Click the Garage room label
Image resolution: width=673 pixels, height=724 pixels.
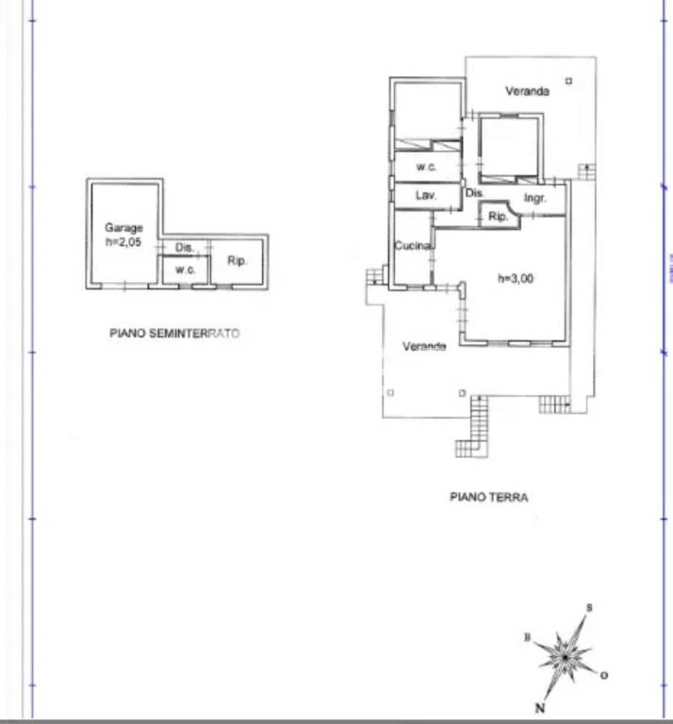coord(123,227)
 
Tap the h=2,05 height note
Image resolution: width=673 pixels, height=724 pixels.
coord(123,242)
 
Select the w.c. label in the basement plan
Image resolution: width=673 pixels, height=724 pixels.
coord(185,270)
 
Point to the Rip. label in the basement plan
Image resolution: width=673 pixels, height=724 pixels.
coord(238,261)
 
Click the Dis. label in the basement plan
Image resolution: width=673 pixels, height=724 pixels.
coord(184,248)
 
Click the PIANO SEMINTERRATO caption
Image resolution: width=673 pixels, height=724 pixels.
coord(174,334)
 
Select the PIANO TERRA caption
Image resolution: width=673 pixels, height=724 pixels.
coord(489,498)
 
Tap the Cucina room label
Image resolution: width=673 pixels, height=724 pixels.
coord(413,246)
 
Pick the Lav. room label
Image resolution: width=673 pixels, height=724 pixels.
coord(426,195)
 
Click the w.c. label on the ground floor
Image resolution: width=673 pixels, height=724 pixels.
coord(426,167)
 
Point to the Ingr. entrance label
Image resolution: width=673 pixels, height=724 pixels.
coord(535,199)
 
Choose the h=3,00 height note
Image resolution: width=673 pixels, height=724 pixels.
coord(516,278)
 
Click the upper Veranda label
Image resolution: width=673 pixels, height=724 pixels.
coord(527,90)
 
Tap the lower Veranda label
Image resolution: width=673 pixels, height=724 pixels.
coord(424,346)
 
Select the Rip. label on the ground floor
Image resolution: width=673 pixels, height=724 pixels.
coord(498,216)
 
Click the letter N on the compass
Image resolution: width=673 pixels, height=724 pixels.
coord(540,707)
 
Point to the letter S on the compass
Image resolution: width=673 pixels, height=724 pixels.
coord(589,608)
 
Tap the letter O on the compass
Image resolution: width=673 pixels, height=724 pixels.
coord(604,676)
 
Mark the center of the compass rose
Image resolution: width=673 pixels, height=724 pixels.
coord(565,657)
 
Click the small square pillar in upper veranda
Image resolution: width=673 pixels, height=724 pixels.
coord(568,81)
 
